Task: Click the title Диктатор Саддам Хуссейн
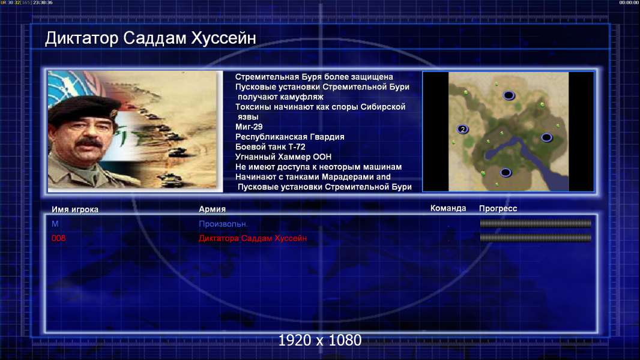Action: pyautogui.click(x=150, y=38)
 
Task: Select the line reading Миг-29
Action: pyautogui.click(x=249, y=127)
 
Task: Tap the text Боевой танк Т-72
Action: pyautogui.click(x=270, y=147)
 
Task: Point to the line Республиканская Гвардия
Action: pyautogui.click(x=290, y=137)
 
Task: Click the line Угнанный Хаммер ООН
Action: pyautogui.click(x=283, y=157)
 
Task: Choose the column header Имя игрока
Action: pyautogui.click(x=74, y=209)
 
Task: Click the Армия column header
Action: pyautogui.click(x=213, y=209)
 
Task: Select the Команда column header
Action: pyautogui.click(x=448, y=208)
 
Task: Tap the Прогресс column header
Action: pyautogui.click(x=498, y=209)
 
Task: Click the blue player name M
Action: pyautogui.click(x=55, y=224)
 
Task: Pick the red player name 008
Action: pyautogui.click(x=58, y=238)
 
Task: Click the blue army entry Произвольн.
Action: pyautogui.click(x=223, y=224)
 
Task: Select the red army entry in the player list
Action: pyautogui.click(x=253, y=238)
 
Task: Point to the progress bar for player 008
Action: pyautogui.click(x=536, y=238)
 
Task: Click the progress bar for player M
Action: pyautogui.click(x=536, y=223)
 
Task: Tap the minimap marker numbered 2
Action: pyautogui.click(x=462, y=129)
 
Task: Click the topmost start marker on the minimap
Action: pyautogui.click(x=509, y=95)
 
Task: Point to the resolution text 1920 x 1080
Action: pyautogui.click(x=320, y=340)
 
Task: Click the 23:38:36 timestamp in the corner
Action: pyautogui.click(x=43, y=2)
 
